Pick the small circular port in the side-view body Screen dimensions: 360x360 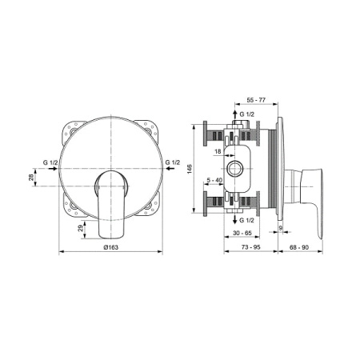click(238, 166)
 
